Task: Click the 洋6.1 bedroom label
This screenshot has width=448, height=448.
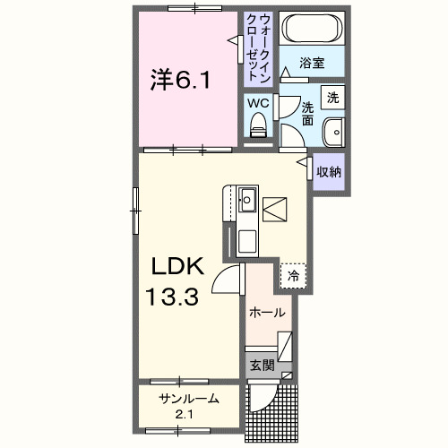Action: coord(181,82)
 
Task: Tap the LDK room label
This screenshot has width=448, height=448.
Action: coord(177,265)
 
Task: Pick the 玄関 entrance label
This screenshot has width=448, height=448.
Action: coord(262,365)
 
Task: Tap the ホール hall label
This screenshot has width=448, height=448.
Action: coord(267,313)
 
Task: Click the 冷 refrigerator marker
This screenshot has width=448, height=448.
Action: coord(293,276)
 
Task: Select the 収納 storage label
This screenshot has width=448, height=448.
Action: coord(329,170)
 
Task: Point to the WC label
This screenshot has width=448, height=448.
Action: coord(258,103)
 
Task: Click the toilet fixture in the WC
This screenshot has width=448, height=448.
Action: coord(258,129)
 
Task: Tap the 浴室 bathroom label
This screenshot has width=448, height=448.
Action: coord(311,64)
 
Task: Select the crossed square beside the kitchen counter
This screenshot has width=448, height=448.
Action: coord(277,210)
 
